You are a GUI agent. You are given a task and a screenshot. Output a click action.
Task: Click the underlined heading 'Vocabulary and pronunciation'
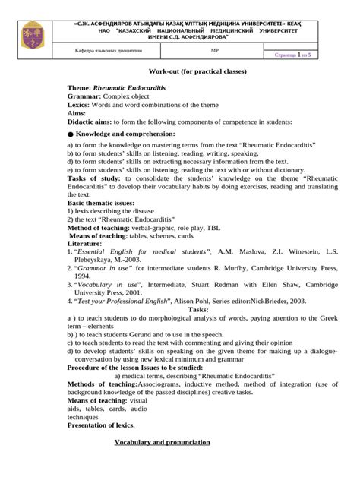[162, 442]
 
